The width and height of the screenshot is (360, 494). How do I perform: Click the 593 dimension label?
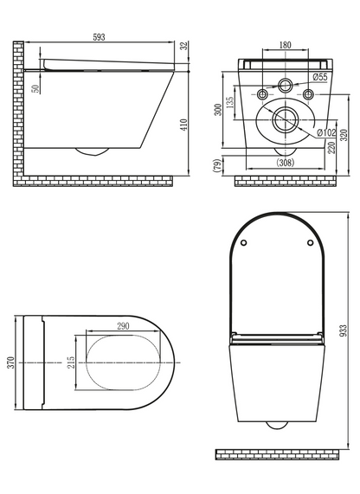[99, 37]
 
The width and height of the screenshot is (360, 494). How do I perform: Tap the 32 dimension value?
[184, 45]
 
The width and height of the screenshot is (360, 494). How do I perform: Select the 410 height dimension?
[184, 125]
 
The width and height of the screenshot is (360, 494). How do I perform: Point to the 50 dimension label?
[36, 89]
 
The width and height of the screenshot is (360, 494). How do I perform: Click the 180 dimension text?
[286, 45]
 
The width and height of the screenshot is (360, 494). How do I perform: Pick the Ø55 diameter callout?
[320, 77]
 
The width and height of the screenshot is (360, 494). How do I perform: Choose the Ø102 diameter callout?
[326, 132]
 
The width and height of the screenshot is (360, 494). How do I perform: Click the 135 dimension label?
[230, 102]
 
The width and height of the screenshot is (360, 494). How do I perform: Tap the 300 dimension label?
[218, 110]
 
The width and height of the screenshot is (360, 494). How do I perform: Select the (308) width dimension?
[286, 163]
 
